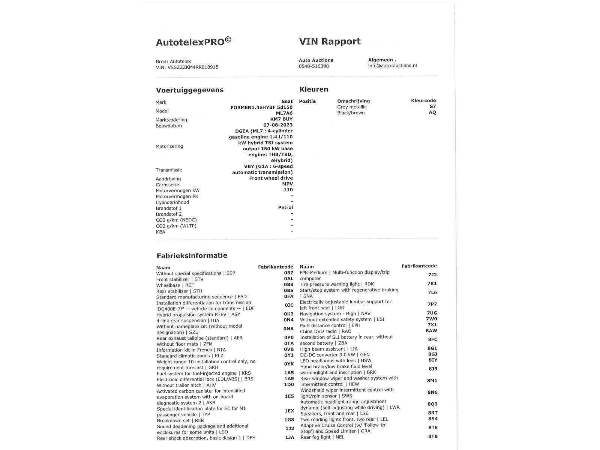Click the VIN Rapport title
330,41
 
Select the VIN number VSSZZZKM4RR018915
193,67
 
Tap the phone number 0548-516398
313,66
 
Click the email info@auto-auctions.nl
392,66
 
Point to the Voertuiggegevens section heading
189,90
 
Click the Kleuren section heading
313,89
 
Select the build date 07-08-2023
278,125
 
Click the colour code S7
432,106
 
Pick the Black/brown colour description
351,113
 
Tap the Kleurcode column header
423,100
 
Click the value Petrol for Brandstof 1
285,207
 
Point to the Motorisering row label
169,146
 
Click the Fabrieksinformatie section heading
192,255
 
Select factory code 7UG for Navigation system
432,313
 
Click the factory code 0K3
288,314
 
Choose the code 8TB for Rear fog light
432,436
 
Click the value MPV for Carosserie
287,184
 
